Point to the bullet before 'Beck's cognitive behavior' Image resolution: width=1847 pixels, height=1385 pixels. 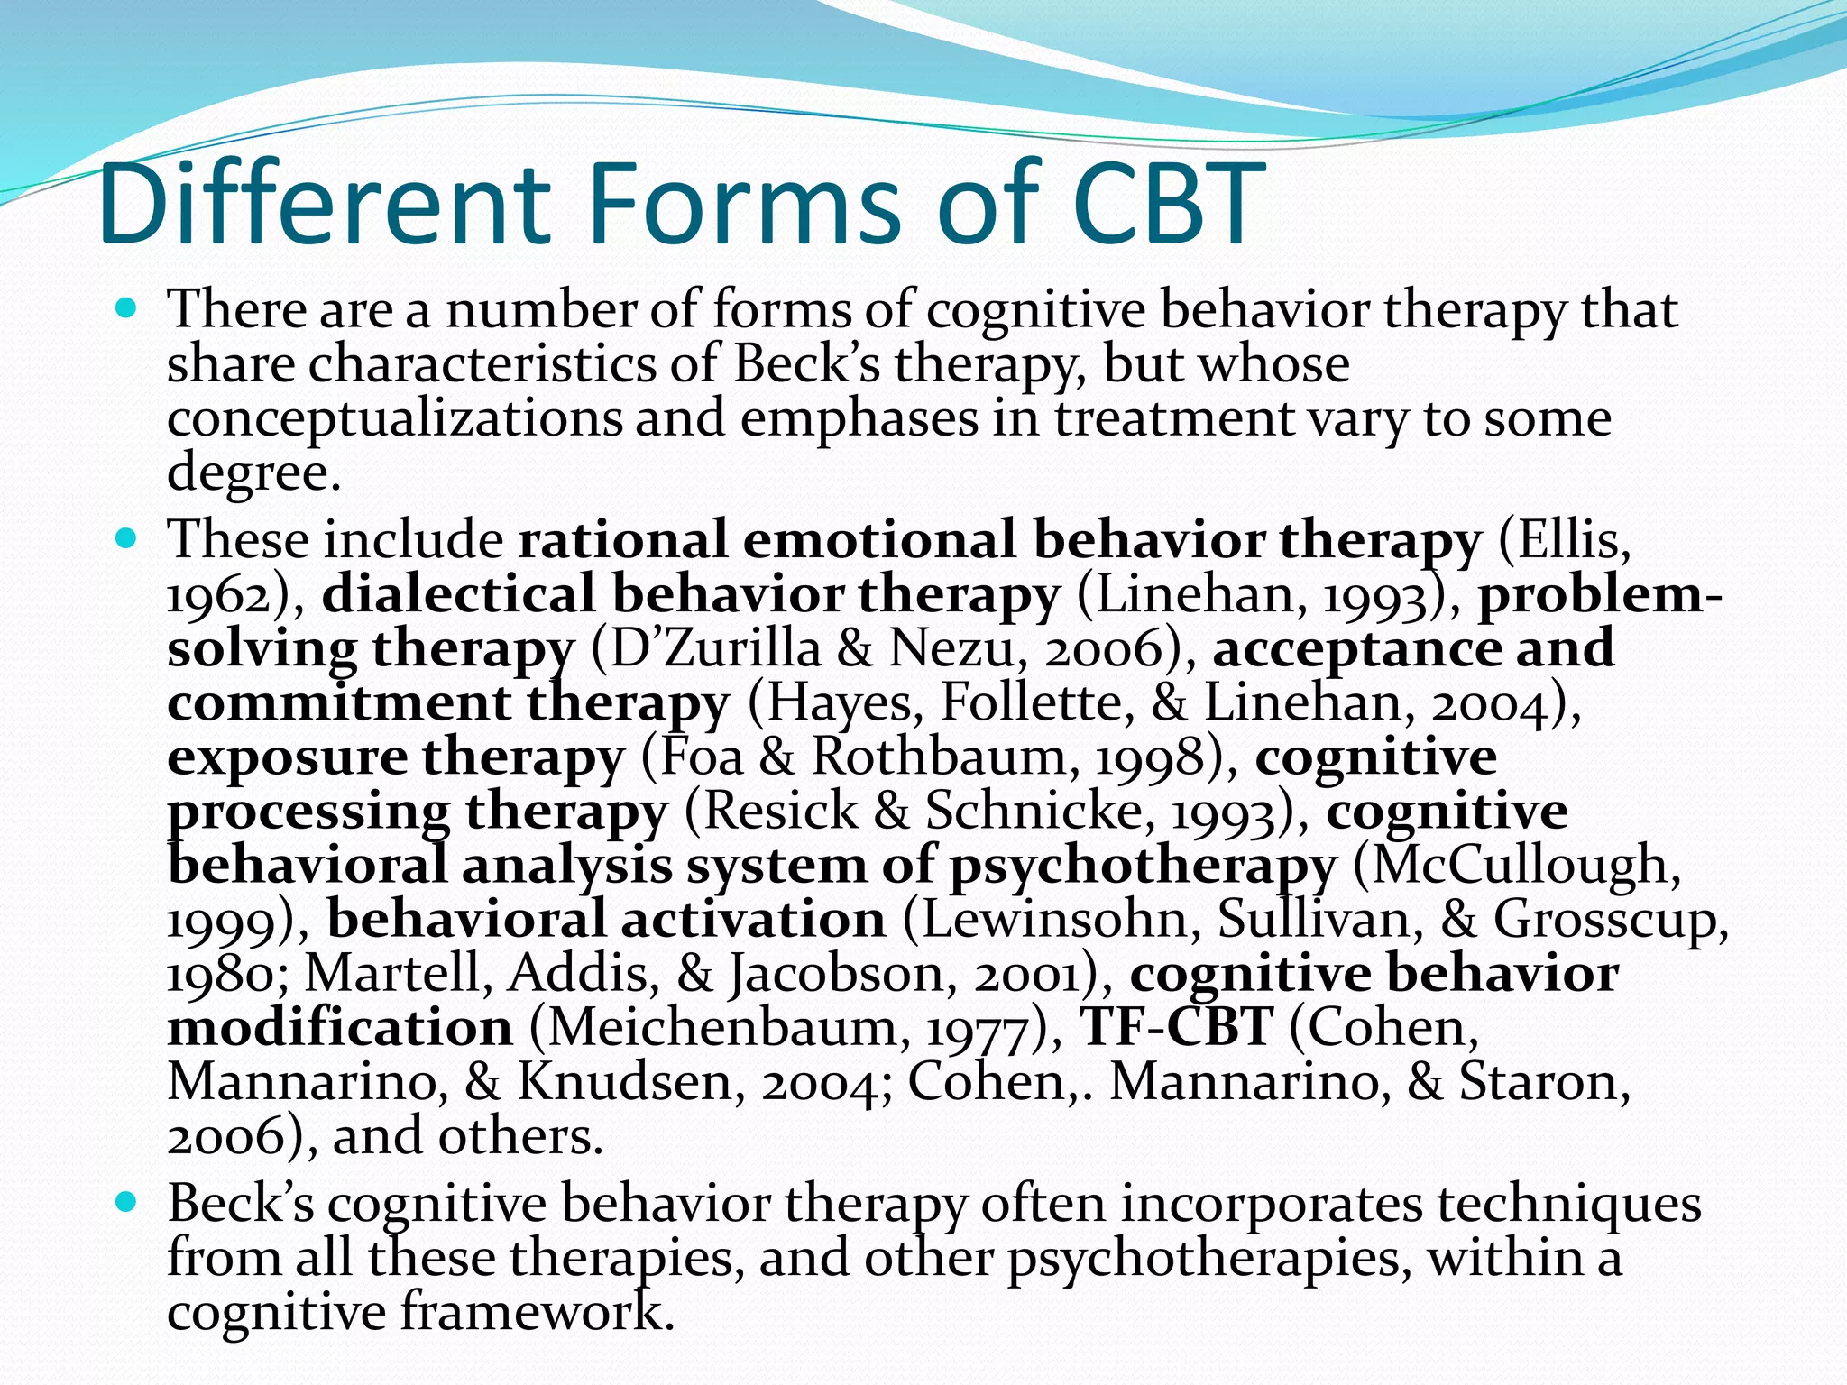tap(126, 1204)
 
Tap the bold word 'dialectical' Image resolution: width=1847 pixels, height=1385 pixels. tap(457, 595)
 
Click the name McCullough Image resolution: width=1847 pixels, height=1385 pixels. tap(1519, 866)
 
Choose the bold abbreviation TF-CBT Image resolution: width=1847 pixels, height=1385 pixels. tap(1176, 1028)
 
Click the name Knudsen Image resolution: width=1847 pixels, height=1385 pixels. tap(622, 1082)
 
